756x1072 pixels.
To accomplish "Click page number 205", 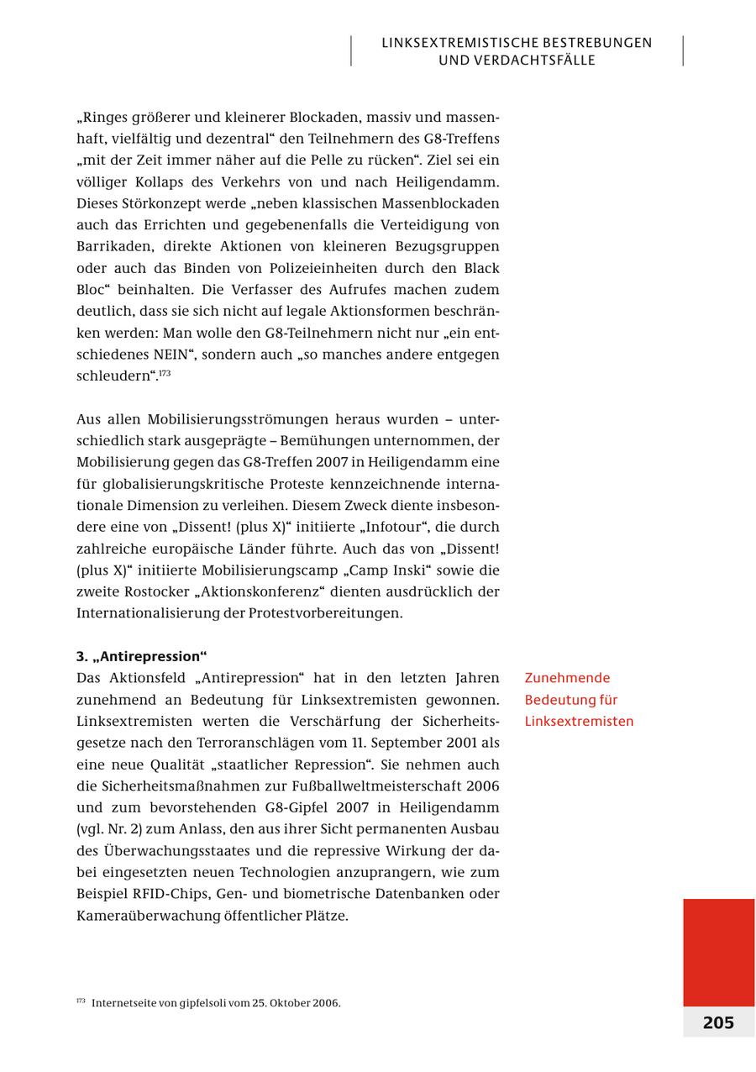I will coord(718,1022).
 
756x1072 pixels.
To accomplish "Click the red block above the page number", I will coord(718,951).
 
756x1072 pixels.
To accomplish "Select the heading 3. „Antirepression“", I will coord(141,656).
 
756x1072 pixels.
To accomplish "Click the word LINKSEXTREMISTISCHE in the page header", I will coord(460,43).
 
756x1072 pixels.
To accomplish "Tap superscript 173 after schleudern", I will coord(165,372).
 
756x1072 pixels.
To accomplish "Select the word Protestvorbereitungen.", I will coord(325,613).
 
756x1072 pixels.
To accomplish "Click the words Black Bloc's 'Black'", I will coord(481,268).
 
